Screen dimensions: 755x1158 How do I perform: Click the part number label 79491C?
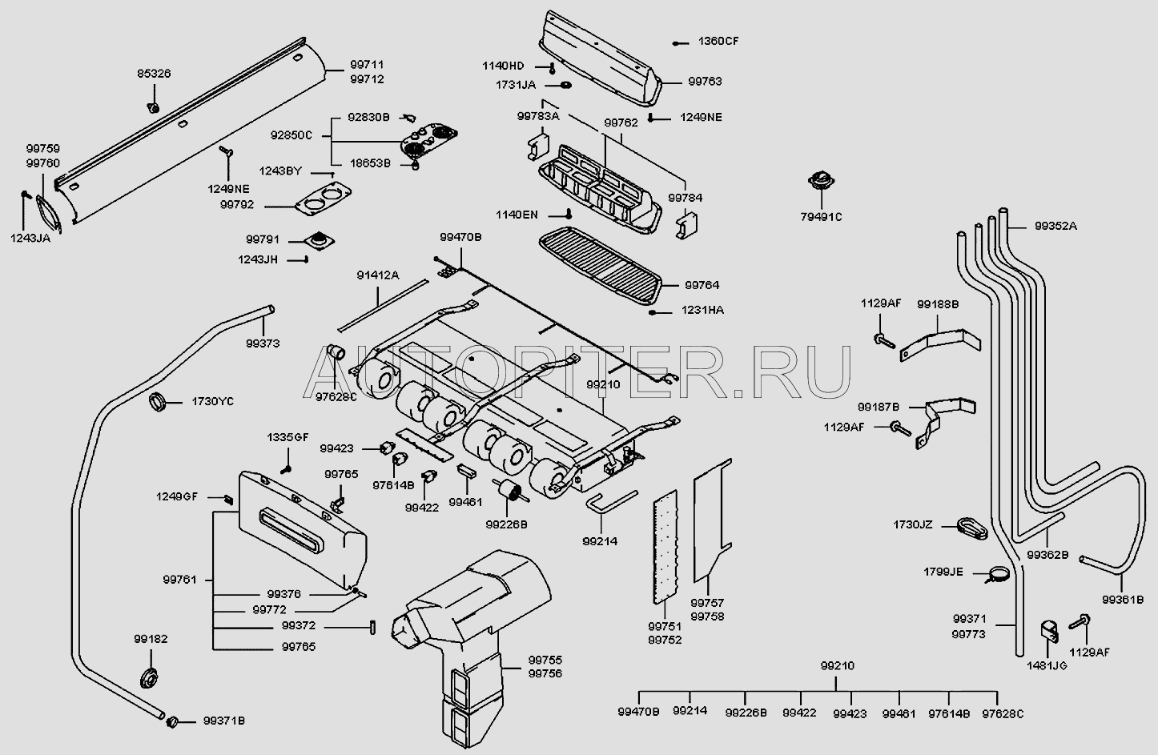[x=821, y=216]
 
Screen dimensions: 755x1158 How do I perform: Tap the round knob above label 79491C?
[x=821, y=181]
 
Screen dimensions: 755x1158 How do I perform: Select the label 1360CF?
[x=718, y=42]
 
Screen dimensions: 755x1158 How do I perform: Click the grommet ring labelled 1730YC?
[x=159, y=401]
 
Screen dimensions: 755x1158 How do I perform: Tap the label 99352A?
[x=1055, y=227]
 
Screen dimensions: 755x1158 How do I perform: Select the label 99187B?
[x=879, y=407]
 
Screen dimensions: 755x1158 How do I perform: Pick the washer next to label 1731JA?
[x=565, y=85]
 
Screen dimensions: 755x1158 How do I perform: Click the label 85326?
[x=153, y=74]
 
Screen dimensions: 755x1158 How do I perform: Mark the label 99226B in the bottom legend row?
[x=746, y=713]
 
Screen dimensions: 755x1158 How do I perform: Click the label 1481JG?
[x=1047, y=665]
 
